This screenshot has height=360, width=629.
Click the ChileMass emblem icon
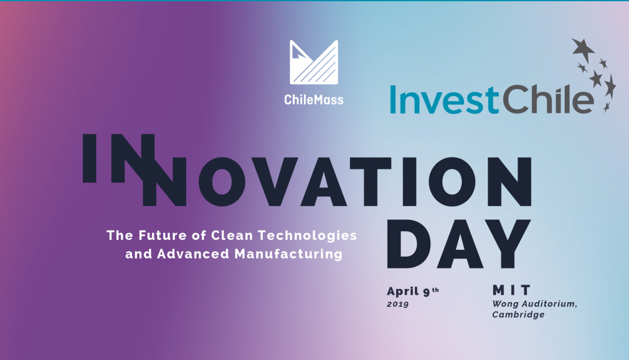314,62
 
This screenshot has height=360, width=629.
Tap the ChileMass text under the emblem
314,100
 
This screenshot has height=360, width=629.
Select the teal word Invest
444,99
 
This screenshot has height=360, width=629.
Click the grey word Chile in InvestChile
547,99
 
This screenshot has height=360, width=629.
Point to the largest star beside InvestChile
583,49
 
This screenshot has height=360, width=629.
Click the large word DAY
458,244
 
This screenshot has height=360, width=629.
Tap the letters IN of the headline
119,158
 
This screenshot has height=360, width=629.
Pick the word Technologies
307,235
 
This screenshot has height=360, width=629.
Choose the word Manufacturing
288,254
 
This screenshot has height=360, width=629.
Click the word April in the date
402,291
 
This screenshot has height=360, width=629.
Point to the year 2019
397,304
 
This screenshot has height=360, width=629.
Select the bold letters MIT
511,290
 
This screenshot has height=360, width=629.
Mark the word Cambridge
518,315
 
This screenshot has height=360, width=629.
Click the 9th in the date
431,291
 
